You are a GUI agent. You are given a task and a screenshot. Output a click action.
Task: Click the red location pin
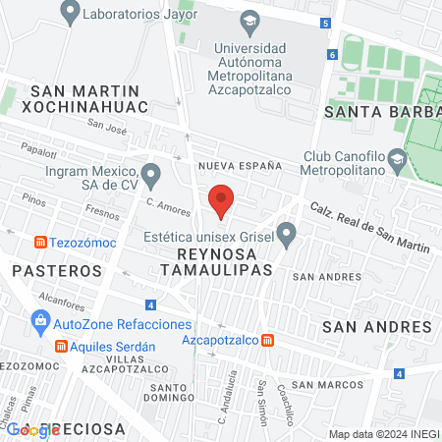221,200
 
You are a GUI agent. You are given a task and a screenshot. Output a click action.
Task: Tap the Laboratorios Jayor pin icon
70,14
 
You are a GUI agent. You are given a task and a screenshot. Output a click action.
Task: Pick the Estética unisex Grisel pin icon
287,234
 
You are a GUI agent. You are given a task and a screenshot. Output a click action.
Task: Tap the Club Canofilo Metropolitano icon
396,158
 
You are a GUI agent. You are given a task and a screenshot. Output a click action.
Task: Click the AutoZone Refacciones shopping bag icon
40,319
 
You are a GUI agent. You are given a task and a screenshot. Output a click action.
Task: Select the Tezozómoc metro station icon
40,243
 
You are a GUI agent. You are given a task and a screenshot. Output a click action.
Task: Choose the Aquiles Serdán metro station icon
60,347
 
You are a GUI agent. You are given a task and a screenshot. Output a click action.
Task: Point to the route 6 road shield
333,54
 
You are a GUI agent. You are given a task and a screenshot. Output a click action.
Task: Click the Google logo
27,428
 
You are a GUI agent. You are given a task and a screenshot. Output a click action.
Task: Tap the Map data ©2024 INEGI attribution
382,434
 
